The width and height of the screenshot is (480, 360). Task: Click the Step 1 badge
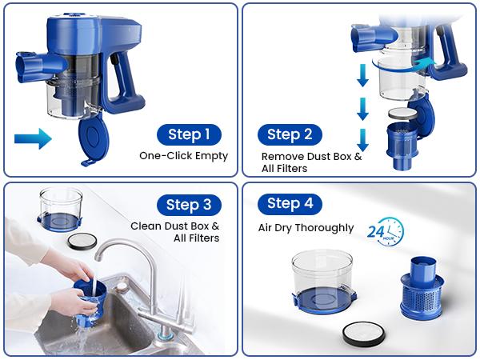(x=189, y=134)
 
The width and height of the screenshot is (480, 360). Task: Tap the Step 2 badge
(x=290, y=134)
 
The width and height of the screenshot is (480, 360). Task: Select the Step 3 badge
(x=189, y=205)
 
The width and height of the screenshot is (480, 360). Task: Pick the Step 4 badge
(x=290, y=204)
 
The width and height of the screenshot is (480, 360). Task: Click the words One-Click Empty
(x=184, y=156)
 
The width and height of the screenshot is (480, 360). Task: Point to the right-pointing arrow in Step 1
(x=33, y=138)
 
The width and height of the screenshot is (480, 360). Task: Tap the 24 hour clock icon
(x=386, y=232)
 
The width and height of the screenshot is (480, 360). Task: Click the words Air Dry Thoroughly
(x=306, y=228)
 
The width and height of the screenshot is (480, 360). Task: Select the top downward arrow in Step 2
(x=362, y=75)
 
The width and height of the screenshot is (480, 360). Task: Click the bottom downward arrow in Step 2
(x=362, y=139)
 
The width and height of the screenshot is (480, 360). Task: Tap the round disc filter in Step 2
(x=402, y=114)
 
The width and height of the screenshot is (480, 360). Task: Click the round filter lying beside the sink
(x=82, y=241)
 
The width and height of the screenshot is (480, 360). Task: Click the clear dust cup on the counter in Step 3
(x=60, y=210)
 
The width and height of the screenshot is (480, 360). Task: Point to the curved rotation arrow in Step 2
(x=404, y=66)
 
